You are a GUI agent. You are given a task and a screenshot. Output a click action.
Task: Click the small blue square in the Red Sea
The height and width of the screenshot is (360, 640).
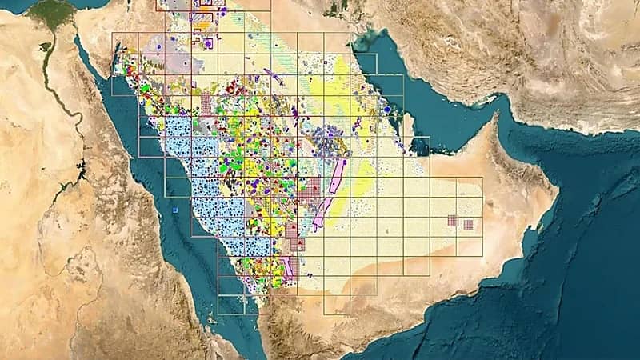point(174,210)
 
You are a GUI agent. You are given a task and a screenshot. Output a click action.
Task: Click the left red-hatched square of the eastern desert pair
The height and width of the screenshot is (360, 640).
point(453,220)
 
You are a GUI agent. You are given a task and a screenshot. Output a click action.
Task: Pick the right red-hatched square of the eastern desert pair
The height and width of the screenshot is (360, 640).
point(468,224)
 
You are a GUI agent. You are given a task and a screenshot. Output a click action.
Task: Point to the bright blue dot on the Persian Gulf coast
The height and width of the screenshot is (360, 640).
point(387,109)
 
